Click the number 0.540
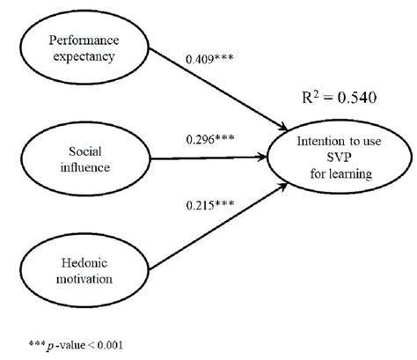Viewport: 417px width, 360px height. tap(353, 99)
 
